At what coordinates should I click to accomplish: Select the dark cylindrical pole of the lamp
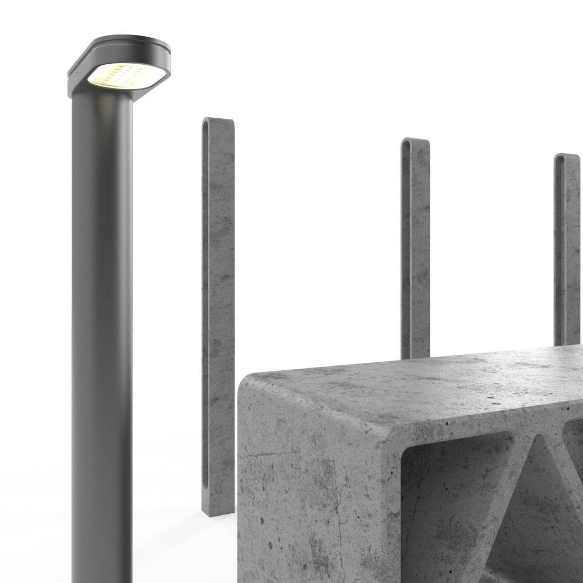point(102,324)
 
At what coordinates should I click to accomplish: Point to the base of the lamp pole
point(102,572)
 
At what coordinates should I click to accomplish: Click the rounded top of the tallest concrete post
point(218,121)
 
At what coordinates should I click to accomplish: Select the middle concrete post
point(416,243)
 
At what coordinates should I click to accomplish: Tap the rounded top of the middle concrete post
point(416,142)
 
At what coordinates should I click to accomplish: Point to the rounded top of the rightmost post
point(567,157)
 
